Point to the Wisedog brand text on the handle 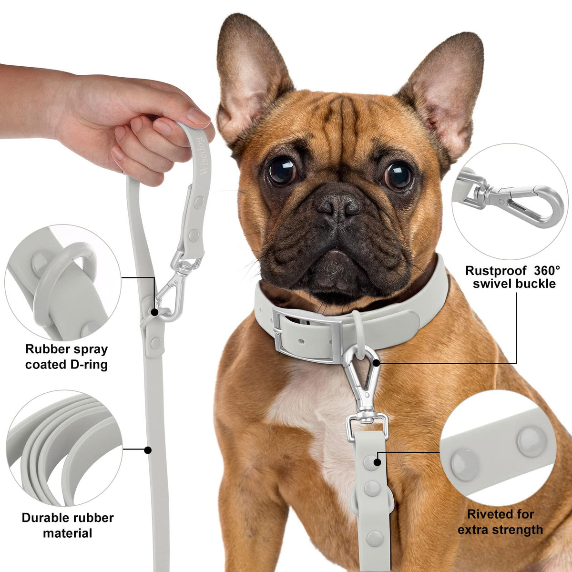point(204,156)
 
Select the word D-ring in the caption point(89,365)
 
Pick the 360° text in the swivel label point(547,270)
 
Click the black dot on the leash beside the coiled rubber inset point(147,450)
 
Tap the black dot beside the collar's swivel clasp point(377,362)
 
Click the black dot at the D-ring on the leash point(154,312)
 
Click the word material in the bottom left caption point(67,533)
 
